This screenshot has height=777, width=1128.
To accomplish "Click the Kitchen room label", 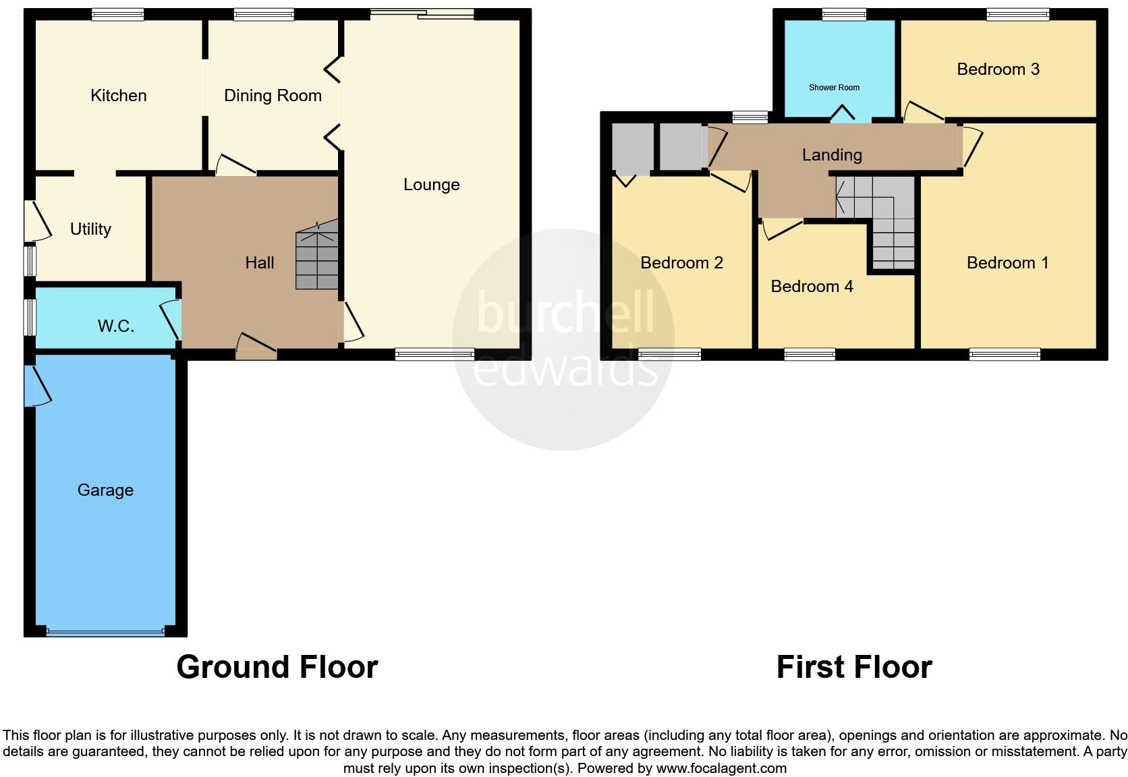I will point(119,95).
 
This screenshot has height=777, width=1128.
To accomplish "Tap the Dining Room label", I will point(273,95).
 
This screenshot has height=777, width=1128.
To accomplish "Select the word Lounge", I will point(431,184).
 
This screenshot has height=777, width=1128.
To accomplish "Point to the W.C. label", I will point(115,326).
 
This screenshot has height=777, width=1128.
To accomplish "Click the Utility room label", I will point(90,229).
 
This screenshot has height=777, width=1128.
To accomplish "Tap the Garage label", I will point(105,490).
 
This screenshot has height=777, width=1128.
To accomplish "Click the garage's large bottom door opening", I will point(105,632).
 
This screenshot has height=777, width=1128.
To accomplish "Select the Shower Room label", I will point(834,88).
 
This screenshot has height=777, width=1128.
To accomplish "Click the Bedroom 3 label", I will point(998,69).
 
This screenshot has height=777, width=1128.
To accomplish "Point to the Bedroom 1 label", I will point(1007,262).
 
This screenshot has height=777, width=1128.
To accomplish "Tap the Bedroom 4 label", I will point(812,286).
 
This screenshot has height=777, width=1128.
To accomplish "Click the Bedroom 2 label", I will point(681,262).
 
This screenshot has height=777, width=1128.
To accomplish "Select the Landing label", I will point(832,154).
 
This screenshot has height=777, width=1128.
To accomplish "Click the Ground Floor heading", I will point(277,666).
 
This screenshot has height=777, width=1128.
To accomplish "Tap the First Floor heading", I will point(853,666).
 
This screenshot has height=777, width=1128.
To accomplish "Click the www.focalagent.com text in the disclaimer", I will point(721,768).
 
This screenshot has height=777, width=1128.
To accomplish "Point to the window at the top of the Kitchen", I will point(118,14).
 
